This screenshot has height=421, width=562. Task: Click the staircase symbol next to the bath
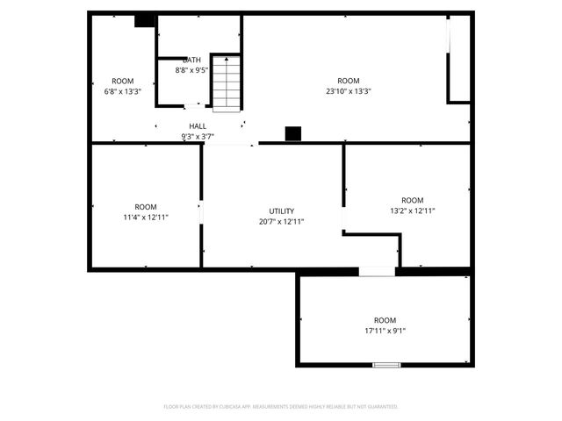[226, 82]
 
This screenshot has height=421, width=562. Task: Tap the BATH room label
[191, 60]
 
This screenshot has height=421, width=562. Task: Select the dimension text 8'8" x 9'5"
[191, 70]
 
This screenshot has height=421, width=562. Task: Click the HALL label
[198, 126]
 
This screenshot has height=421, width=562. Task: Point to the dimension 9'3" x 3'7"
[198, 137]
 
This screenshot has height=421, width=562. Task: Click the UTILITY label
[282, 211]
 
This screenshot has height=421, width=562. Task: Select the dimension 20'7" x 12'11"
[282, 222]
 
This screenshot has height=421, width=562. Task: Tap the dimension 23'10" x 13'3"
[349, 91]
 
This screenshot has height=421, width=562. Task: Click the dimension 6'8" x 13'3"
[123, 91]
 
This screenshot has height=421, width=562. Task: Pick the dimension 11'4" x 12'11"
[146, 217]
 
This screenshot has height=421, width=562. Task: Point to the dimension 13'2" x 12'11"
[412, 210]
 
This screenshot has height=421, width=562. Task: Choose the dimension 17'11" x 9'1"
[385, 331]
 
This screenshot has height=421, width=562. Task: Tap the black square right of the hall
[293, 133]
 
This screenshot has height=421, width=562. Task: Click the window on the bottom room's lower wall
[386, 364]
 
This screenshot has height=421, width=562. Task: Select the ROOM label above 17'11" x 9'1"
[385, 320]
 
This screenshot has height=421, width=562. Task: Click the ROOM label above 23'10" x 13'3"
[349, 81]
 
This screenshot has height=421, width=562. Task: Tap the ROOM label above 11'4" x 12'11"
[146, 206]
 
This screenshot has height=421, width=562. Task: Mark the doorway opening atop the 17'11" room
[377, 271]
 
